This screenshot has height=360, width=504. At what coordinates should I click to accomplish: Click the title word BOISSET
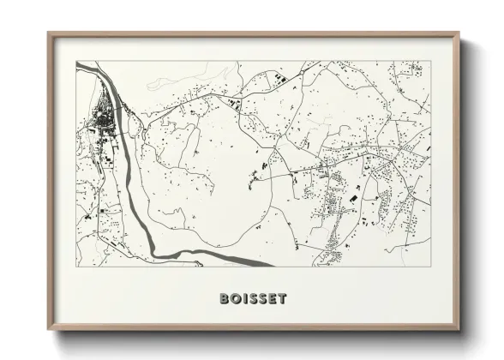(253, 299)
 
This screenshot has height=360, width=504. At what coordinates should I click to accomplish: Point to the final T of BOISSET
(282, 299)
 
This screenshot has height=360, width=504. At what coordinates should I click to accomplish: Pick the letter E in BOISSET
(272, 299)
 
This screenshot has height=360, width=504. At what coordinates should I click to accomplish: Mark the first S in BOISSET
(252, 299)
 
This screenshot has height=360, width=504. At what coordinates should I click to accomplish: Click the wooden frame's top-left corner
(49, 34)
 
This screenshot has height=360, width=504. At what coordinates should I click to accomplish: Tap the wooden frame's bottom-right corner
(460, 331)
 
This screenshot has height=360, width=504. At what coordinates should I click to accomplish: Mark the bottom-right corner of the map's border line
(430, 267)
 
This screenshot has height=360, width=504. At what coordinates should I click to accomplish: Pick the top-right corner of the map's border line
(430, 61)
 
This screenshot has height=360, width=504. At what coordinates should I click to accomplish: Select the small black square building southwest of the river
(102, 210)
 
